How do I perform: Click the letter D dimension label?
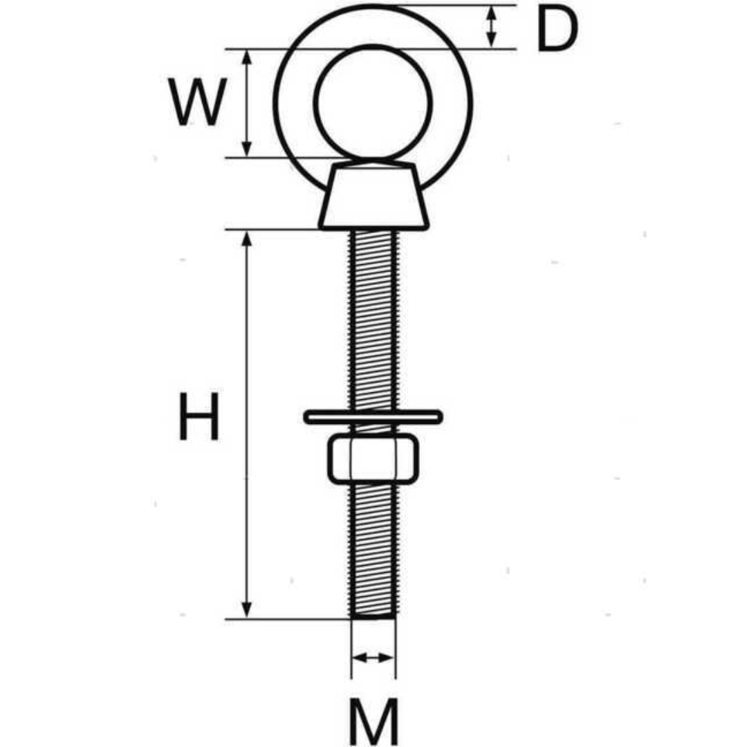557,29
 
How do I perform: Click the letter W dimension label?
196,102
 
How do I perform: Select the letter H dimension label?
199,416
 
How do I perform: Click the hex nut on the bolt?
373,459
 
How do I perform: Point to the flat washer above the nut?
373,417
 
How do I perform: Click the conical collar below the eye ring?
374,196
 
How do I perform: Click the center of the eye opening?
373,102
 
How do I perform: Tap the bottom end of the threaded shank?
373,618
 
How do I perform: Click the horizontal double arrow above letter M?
373,658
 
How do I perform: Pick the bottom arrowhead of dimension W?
246,149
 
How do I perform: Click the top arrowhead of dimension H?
246,239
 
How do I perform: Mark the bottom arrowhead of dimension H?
246,610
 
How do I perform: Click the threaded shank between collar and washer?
373,320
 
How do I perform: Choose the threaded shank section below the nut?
373,551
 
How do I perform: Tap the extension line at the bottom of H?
288,619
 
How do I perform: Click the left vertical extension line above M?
351,649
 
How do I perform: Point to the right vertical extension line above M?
396,649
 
